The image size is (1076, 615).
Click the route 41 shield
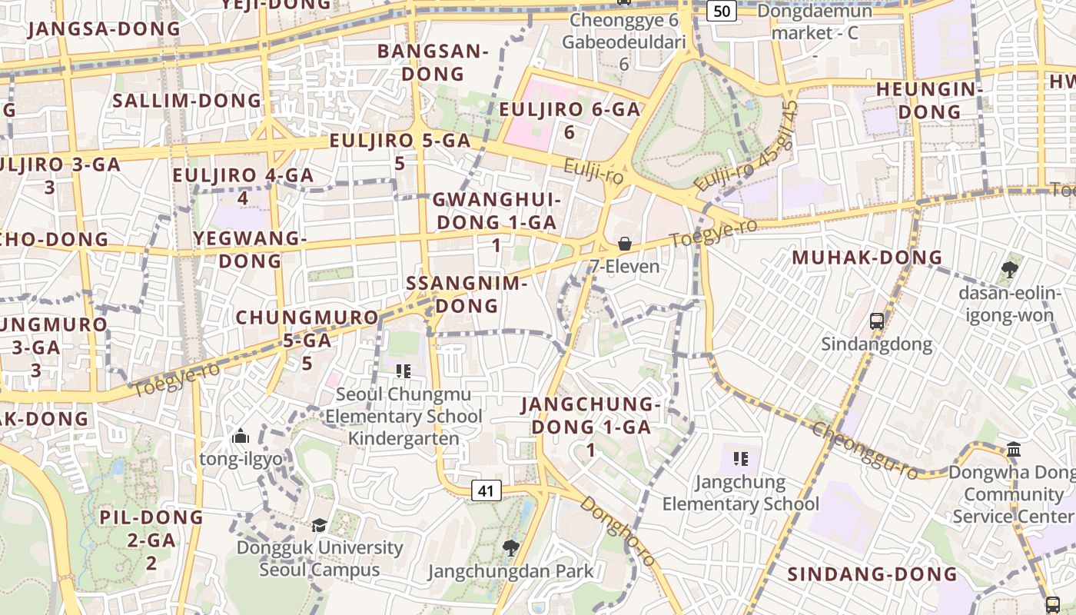coord(485,490)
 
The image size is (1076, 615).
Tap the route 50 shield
coord(721,10)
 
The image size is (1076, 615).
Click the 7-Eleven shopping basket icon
coord(625,244)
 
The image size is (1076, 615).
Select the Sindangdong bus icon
coord(876,321)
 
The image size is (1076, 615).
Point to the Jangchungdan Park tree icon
coord(510,547)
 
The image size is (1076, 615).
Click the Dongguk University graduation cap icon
coord(318,525)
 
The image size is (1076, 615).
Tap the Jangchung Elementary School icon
coord(741,459)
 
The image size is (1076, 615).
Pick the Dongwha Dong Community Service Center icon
coord(1013,449)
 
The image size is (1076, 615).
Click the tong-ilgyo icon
coord(241,437)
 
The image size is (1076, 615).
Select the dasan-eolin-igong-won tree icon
coord(1009,270)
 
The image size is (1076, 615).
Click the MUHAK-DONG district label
coord(867,258)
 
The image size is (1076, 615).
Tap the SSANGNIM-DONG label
coord(467,294)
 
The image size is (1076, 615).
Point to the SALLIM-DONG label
coord(188,101)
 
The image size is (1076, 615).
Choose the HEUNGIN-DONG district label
coord(930,100)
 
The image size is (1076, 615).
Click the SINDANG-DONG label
coord(872,574)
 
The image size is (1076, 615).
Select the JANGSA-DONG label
coord(104,29)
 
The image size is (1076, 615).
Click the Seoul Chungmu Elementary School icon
coord(403,371)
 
